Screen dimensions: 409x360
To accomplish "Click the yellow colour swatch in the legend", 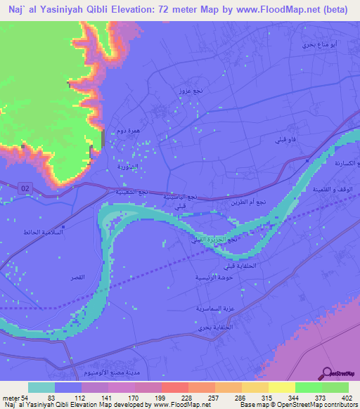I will (x=281, y=387).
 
